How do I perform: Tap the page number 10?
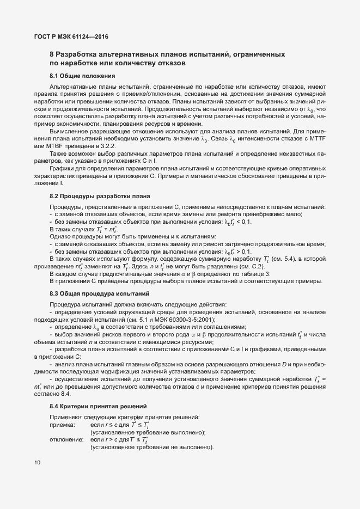(x=36, y=463)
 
